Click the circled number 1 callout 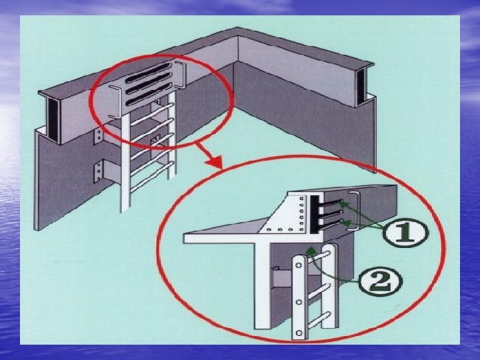pos(409,233)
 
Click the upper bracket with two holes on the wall pos(99,136)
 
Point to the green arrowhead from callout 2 pos(309,249)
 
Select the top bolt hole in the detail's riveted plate pos(302,199)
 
